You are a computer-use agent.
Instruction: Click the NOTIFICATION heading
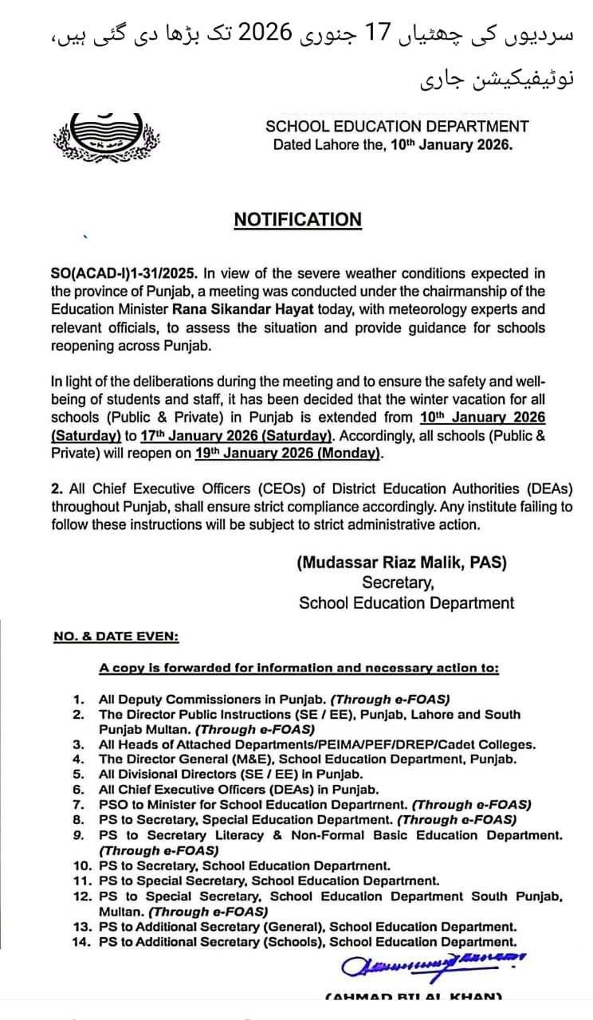(297, 220)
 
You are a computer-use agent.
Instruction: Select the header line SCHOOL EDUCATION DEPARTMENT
(396, 126)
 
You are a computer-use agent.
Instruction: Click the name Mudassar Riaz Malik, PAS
(402, 563)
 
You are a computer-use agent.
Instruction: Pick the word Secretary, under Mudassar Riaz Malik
(399, 583)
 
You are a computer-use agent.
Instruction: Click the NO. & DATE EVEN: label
(116, 636)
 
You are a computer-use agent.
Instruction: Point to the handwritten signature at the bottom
(434, 963)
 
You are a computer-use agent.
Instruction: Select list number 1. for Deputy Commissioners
(79, 699)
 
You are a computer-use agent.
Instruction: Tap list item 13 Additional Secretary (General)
(307, 927)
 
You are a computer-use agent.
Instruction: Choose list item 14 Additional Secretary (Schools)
(307, 942)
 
